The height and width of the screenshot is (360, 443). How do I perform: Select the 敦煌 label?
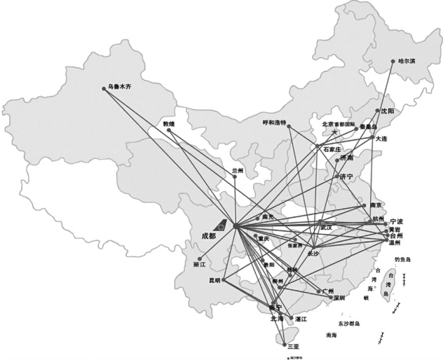point(169,123)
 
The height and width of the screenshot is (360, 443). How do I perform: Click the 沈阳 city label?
point(388,111)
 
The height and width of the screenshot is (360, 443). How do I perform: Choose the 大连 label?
point(383,139)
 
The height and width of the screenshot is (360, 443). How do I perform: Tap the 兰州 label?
point(240,170)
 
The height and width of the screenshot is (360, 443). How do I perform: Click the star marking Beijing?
point(336,132)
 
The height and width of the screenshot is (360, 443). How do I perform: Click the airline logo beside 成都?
point(221,225)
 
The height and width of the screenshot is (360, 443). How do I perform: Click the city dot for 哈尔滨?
point(393,62)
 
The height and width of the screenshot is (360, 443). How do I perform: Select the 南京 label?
point(378,205)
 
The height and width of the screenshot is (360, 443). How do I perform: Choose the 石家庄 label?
point(332,149)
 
